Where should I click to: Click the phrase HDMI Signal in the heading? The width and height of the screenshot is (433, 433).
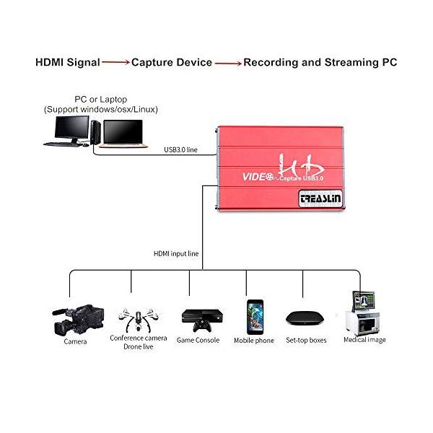point(68,63)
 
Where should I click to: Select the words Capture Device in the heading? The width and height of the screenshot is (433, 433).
point(172,63)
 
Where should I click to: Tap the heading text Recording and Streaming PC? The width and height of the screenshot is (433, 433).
point(320,63)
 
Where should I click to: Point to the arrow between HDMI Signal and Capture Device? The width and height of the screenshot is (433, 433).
point(115,63)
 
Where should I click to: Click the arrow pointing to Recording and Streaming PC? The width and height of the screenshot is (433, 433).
point(228,64)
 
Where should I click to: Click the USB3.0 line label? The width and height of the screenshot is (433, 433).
point(181,149)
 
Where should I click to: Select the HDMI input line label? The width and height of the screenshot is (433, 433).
point(176,253)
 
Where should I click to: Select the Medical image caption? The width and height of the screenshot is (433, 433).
point(364,340)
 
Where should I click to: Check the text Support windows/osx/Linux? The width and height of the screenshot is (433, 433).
point(100,109)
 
